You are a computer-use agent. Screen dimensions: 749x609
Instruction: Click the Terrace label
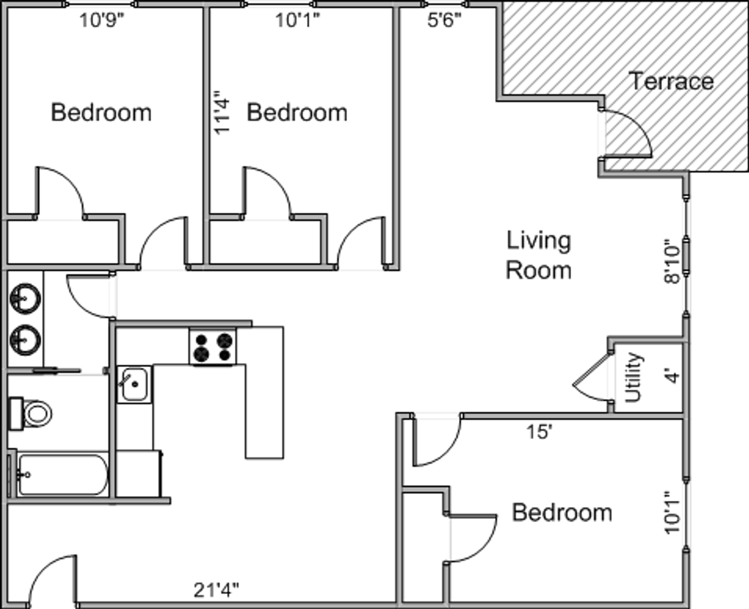click(x=673, y=81)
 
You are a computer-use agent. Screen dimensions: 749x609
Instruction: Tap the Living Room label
click(x=538, y=255)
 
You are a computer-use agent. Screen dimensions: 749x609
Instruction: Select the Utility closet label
click(x=633, y=377)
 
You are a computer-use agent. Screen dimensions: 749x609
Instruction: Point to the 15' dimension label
click(x=540, y=431)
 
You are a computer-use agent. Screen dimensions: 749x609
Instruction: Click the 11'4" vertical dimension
click(x=222, y=112)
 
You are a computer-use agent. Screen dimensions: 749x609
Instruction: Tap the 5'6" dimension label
click(x=444, y=20)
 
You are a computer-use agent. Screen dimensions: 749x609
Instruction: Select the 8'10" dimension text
click(x=672, y=261)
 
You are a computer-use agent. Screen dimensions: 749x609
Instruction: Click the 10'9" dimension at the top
click(x=102, y=20)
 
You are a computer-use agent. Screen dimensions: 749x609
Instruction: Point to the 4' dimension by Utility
click(x=673, y=376)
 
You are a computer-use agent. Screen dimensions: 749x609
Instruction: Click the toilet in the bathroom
click(x=31, y=413)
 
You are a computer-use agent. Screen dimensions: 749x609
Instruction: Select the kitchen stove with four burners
click(x=213, y=346)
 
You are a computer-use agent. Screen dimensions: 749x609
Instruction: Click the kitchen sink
click(x=134, y=384)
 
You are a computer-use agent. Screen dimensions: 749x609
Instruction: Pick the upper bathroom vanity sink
click(x=25, y=298)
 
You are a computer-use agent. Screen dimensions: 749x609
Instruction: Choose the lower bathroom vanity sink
click(x=25, y=340)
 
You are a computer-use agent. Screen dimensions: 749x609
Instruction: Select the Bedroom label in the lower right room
click(x=562, y=513)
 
